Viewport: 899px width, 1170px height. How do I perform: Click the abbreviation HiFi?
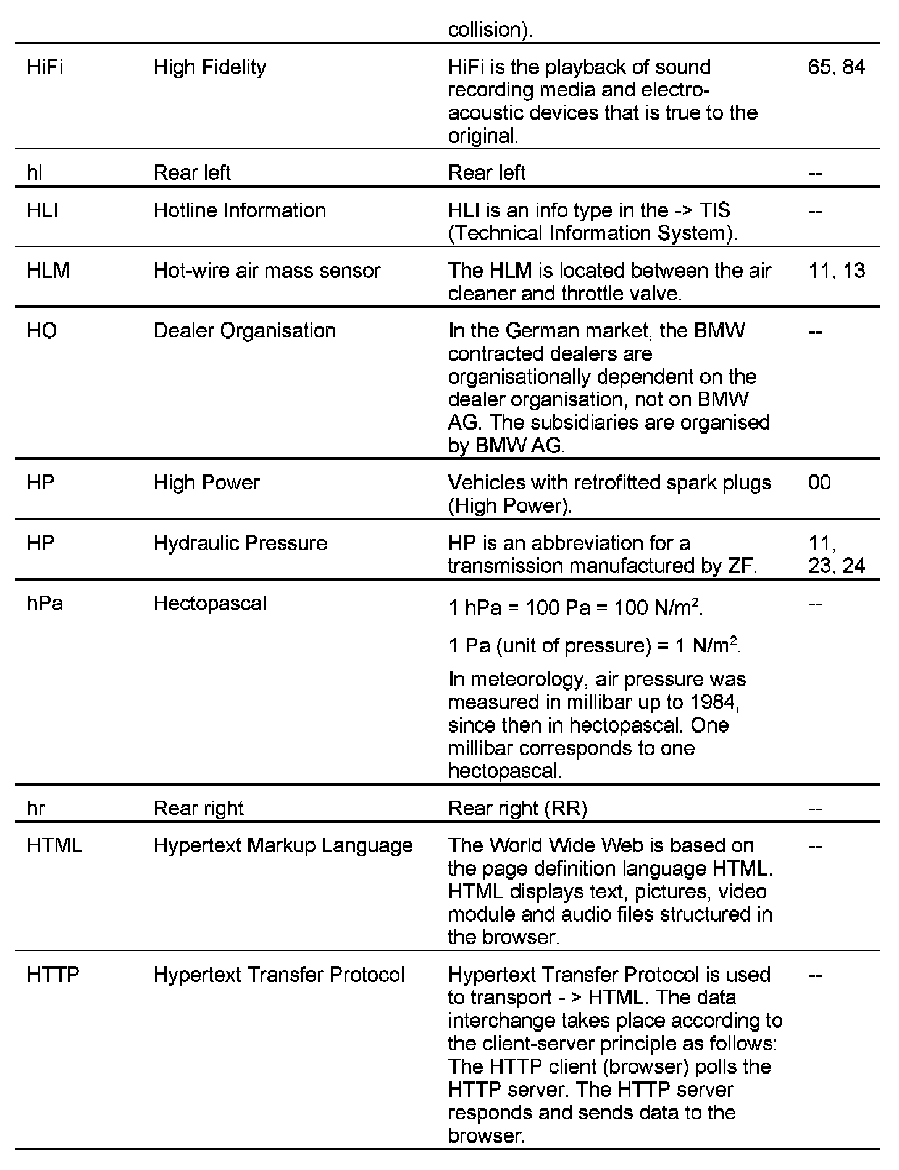pos(45,67)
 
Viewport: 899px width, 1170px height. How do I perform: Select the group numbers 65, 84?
pos(836,67)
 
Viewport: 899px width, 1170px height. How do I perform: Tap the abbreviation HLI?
pos(43,211)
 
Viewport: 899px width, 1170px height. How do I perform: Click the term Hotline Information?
pos(240,211)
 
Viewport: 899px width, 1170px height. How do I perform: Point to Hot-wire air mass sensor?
pos(267,271)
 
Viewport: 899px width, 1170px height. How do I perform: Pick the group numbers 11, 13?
pos(837,271)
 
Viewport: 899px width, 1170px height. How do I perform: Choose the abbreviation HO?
pos(42,331)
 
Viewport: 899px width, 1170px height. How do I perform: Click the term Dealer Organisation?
pos(245,331)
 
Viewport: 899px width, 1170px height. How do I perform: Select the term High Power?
pos(206,482)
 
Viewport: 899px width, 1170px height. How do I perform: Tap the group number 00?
pos(819,482)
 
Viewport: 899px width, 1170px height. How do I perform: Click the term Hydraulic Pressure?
pos(240,543)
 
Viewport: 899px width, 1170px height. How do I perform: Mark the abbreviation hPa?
pos(45,604)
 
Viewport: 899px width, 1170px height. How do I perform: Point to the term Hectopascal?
pos(210,604)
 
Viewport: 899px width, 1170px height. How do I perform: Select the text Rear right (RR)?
pos(517,809)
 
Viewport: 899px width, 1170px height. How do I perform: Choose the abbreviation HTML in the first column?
pos(54,846)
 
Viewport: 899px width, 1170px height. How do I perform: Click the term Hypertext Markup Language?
pos(283,846)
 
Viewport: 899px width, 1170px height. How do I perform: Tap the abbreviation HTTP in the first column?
pos(53,975)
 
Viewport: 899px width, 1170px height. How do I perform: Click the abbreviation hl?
pos(35,173)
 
